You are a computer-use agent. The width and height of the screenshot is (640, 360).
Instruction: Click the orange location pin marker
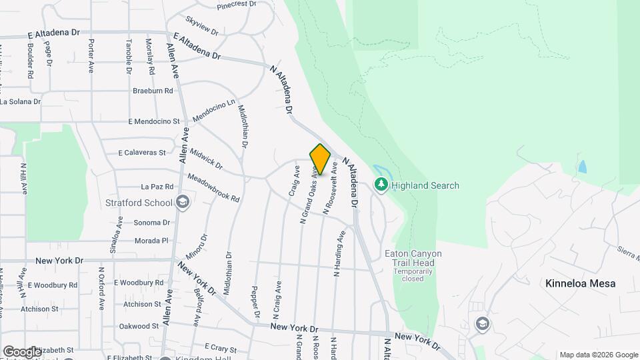(x=320, y=159)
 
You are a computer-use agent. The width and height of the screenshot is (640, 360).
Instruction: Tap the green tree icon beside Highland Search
(x=381, y=185)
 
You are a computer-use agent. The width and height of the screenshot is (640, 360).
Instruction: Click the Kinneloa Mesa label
(x=580, y=283)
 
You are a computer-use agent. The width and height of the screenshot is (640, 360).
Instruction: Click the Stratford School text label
(x=139, y=203)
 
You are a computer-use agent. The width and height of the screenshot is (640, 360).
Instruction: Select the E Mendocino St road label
(x=154, y=122)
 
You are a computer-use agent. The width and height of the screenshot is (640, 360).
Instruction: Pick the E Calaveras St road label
(x=141, y=153)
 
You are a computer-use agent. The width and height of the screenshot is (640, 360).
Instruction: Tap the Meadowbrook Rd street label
(x=213, y=188)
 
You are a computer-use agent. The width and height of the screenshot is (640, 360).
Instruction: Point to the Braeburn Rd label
(x=153, y=91)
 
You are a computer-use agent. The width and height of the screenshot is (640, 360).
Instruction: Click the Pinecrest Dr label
(x=236, y=4)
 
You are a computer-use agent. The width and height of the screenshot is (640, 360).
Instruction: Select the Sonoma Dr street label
(x=152, y=222)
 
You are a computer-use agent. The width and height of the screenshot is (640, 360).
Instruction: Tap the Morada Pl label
(x=152, y=240)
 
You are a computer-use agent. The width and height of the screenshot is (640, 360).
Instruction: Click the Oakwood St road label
(x=139, y=326)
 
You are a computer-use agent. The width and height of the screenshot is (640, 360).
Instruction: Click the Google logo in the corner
(x=21, y=351)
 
